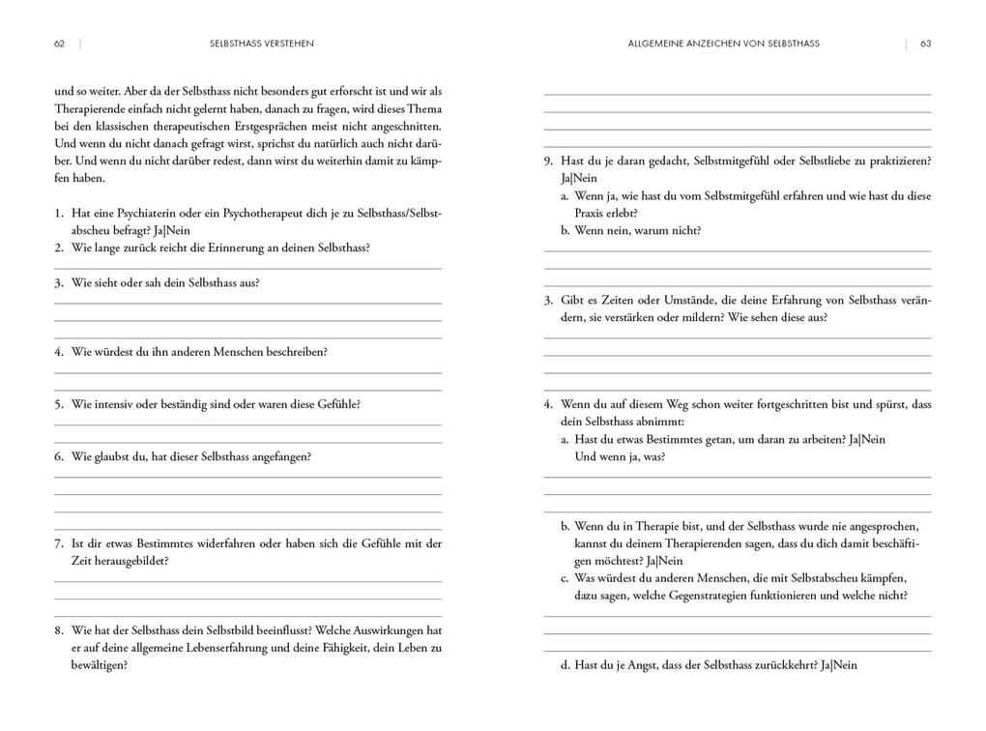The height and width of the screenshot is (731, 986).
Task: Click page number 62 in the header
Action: (59, 44)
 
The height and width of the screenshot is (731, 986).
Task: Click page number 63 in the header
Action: (925, 44)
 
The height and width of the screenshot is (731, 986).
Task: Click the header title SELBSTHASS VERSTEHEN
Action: (261, 44)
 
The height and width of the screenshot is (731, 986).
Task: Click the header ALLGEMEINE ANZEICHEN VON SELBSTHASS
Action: (723, 44)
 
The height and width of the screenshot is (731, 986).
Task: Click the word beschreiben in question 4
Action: (296, 352)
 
